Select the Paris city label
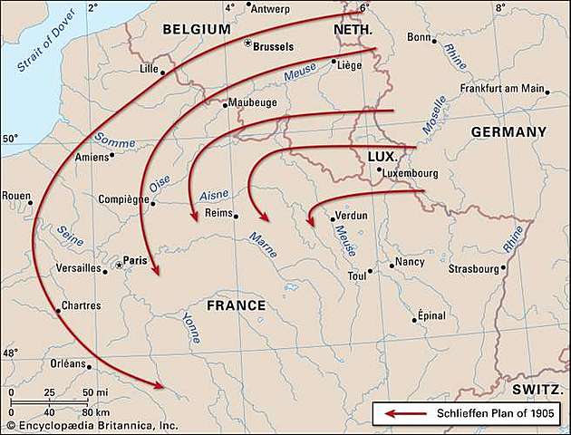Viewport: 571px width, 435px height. (x=135, y=260)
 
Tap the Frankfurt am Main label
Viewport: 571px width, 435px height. (x=501, y=89)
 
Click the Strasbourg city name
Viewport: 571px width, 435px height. (x=474, y=268)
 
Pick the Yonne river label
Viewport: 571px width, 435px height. (x=191, y=327)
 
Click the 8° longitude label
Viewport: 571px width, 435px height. (x=500, y=7)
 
